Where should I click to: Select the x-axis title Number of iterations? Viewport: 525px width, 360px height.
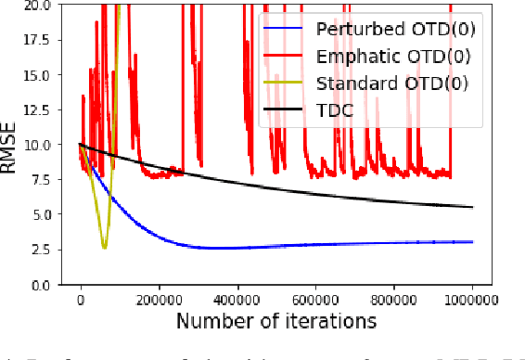coord(275,321)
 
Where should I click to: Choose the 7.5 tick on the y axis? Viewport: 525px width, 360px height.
coord(44,179)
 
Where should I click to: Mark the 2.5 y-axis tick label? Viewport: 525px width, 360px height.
coord(44,250)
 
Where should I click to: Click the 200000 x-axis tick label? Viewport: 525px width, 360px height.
coord(159,300)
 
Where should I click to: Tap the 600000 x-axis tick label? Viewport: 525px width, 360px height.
coord(315,300)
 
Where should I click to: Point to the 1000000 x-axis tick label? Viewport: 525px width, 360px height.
coord(471,300)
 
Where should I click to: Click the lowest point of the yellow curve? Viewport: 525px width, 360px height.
coord(104,248)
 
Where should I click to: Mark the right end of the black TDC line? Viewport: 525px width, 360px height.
coord(472,207)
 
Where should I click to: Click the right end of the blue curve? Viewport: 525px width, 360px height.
coord(472,241)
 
